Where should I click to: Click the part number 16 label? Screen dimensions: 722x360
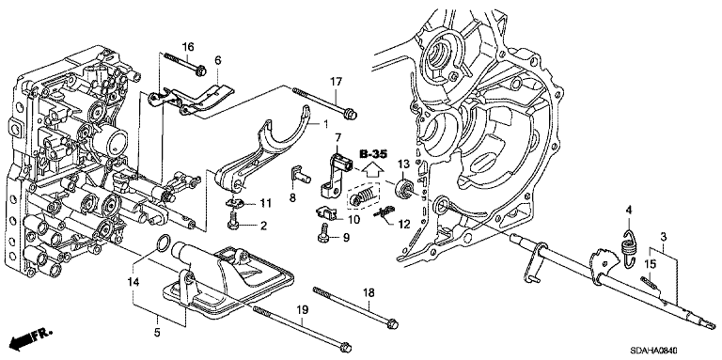click(188, 46)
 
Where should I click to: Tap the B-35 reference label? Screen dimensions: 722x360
click(373, 154)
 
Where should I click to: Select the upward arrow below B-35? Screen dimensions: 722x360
click(373, 169)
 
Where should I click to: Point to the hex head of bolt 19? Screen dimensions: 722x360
click(345, 346)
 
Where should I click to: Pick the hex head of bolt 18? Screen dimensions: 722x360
click(393, 324)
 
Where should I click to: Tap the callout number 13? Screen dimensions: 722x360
click(403, 164)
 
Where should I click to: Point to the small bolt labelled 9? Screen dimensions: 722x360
click(322, 232)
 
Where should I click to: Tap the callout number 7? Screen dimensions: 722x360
click(338, 136)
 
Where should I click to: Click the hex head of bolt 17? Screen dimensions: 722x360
click(350, 113)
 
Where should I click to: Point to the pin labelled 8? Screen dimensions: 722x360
click(300, 176)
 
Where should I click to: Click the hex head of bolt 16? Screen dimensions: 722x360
click(200, 71)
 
